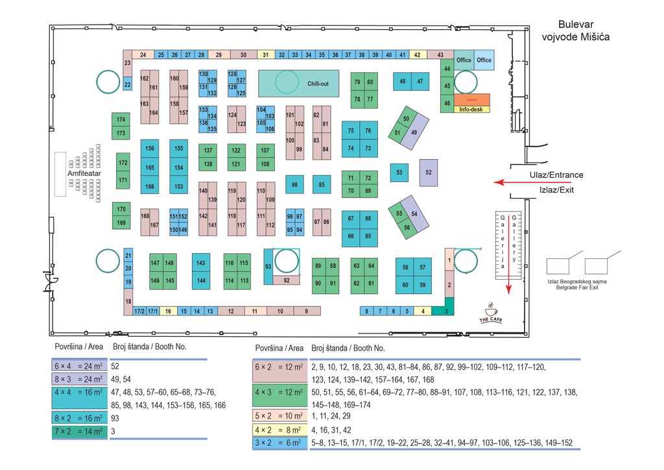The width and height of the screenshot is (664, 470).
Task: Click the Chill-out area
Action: point(299,84)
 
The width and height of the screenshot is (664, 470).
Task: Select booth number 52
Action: point(429,173)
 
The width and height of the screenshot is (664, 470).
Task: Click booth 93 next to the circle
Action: point(268,266)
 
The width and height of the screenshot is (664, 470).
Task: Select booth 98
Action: point(294,185)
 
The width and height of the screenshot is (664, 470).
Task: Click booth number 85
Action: point(322,185)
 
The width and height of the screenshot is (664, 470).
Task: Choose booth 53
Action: point(399,173)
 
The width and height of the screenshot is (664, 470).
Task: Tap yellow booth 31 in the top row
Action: point(267,55)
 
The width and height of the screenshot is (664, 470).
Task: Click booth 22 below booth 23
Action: point(128,84)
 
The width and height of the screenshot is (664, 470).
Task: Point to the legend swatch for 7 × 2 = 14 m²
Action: point(80,431)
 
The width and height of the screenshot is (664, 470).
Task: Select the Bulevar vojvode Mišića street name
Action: point(575,31)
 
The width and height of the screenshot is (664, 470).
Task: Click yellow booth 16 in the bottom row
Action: point(168,312)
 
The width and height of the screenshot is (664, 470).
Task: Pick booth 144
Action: point(201,280)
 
